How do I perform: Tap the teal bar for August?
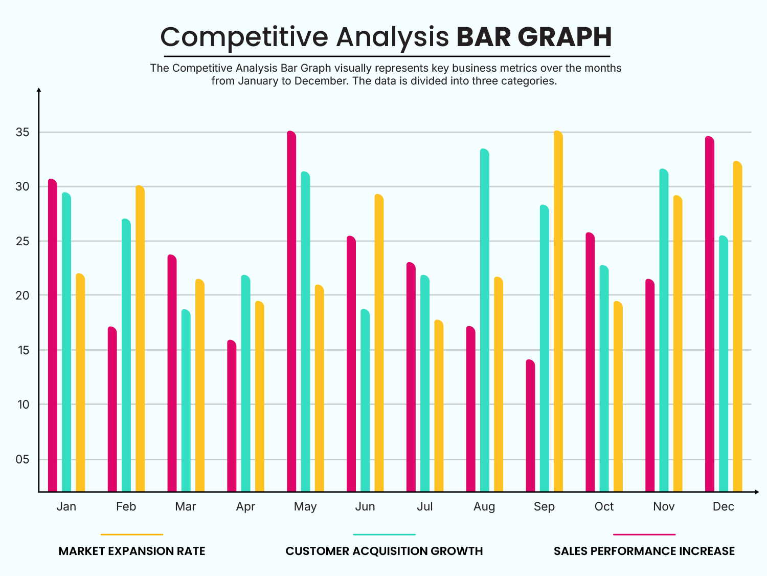pos(484,320)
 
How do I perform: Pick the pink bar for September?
pos(530,425)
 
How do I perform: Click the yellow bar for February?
pos(140,338)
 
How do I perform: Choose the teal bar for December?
pos(723,364)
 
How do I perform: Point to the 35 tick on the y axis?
pos(22,133)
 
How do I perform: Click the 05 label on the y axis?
pos(22,459)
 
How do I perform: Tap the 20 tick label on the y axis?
pos(22,295)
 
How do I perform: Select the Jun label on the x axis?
pos(365,506)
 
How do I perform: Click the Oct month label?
pos(604,506)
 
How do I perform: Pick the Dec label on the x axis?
pos(723,506)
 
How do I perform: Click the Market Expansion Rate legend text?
pos(132,551)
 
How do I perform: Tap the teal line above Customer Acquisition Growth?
pos(384,535)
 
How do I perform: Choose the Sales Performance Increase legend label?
pos(644,551)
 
